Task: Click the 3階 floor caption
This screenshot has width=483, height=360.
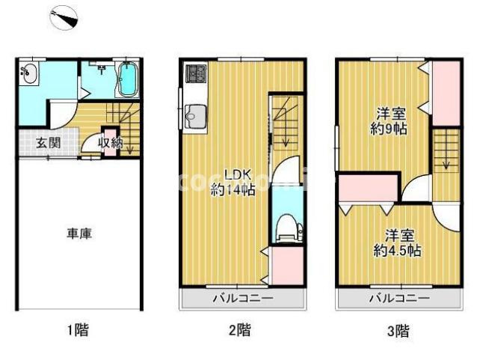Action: (x=398, y=329)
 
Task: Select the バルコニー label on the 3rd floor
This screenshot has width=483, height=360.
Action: (x=399, y=298)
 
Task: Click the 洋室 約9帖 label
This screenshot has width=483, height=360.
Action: (x=390, y=121)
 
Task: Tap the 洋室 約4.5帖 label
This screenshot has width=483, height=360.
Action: (x=396, y=242)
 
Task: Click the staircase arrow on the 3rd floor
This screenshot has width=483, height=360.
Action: (x=446, y=154)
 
